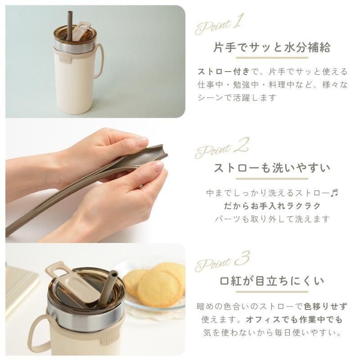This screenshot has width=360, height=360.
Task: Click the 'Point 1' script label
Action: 218,26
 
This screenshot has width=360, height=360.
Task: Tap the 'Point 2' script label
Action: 222,148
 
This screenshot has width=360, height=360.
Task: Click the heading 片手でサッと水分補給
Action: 272,48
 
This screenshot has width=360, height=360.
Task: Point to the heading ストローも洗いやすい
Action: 272,168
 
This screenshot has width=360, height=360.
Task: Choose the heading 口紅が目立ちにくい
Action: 272,281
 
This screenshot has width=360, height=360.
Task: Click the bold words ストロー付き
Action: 223,72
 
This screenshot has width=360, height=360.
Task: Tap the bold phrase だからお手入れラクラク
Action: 272,206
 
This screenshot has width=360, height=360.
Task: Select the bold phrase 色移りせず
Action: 325,306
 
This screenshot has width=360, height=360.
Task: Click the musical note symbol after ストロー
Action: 335,193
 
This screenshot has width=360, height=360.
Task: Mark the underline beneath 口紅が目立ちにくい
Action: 272,292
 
